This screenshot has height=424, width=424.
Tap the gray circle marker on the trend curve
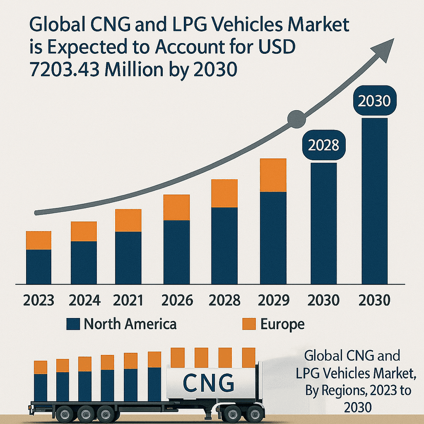(x=296, y=120)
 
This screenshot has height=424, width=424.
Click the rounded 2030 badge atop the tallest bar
(x=375, y=101)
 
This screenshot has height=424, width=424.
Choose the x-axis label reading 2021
(x=128, y=300)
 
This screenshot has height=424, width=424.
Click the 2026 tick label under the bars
(x=177, y=300)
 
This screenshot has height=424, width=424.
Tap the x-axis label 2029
(x=273, y=300)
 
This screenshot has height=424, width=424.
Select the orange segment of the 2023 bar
(x=38, y=240)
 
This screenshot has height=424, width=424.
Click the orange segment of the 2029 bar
(x=273, y=175)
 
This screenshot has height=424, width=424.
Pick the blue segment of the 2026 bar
(x=177, y=251)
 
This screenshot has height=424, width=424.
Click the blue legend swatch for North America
(x=74, y=324)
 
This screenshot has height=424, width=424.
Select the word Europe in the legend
(x=282, y=324)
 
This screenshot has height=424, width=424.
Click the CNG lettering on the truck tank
(x=208, y=381)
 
